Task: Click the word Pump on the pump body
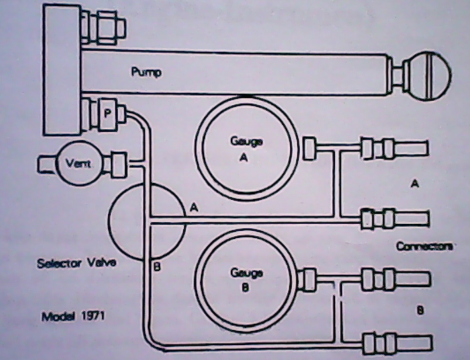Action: tap(146, 73)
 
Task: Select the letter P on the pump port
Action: tap(107, 114)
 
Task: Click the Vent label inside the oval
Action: tap(78, 164)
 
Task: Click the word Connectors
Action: tap(425, 246)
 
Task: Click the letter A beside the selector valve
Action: tap(193, 206)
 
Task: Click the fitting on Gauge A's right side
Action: tap(308, 148)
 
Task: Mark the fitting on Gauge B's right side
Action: tap(307, 279)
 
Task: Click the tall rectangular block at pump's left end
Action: tap(61, 67)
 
